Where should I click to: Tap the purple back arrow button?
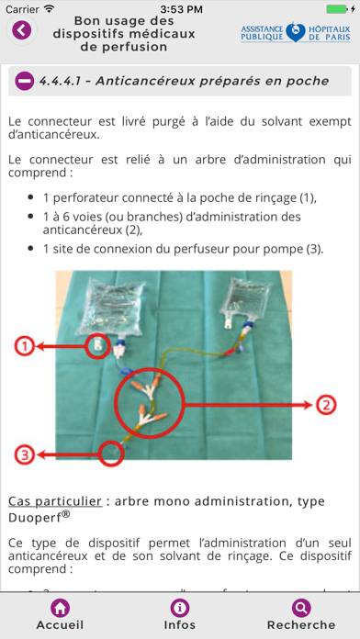click(x=20, y=30)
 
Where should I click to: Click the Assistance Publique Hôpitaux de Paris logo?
click(x=295, y=33)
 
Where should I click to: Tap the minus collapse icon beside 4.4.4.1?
click(x=25, y=81)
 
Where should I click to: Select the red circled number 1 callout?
click(x=25, y=346)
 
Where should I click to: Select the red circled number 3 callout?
click(x=25, y=454)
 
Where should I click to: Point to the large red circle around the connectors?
click(x=150, y=403)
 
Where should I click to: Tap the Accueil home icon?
click(x=60, y=608)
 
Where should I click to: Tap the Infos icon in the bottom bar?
click(x=180, y=608)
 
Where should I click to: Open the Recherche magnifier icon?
click(x=300, y=608)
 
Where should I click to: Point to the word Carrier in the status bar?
click(x=22, y=8)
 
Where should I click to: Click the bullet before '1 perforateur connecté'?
click(x=32, y=196)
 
